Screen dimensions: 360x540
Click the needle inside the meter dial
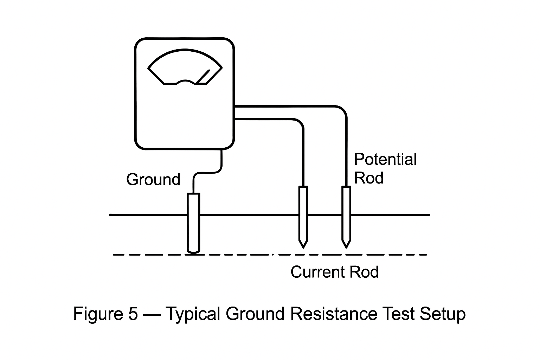(x=202, y=77)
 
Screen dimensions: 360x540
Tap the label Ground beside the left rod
(x=153, y=180)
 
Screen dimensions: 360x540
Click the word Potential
(x=385, y=160)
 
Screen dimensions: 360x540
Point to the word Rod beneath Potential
(x=368, y=178)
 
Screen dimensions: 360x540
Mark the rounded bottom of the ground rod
(x=193, y=251)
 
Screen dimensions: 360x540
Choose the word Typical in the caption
(x=192, y=314)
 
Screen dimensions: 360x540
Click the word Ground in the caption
(x=255, y=314)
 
